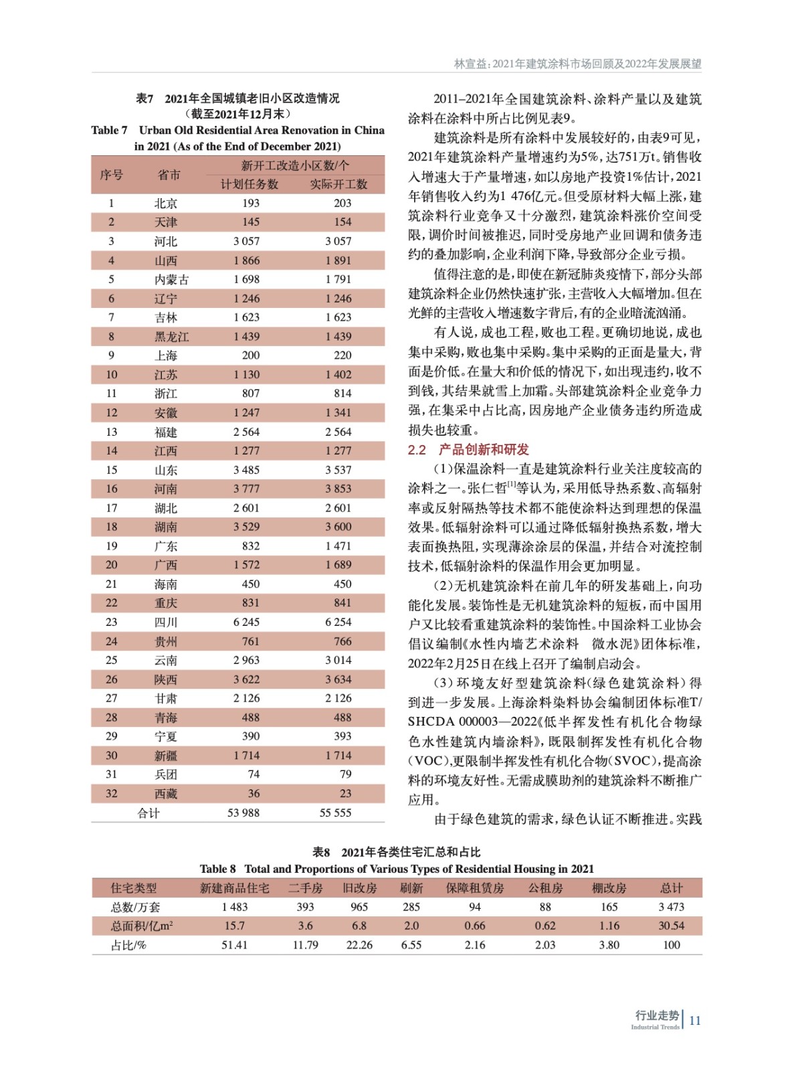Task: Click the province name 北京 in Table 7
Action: [x=165, y=203]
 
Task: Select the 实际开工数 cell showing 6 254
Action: [x=338, y=623]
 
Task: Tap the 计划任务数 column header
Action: [x=250, y=184]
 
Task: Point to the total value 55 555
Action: [x=336, y=813]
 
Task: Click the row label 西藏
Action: [x=165, y=794]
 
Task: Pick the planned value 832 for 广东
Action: [x=251, y=546]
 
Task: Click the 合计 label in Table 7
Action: [x=148, y=813]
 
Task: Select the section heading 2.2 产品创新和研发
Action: [x=468, y=450]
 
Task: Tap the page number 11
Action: [x=695, y=1020]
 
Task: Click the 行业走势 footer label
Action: [x=657, y=1015]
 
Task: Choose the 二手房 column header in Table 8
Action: [x=305, y=888]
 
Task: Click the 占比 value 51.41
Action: [x=234, y=945]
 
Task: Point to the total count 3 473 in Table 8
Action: [x=671, y=907]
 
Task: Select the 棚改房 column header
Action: [x=609, y=888]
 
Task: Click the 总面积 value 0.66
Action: [x=474, y=926]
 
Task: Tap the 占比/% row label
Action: [x=128, y=945]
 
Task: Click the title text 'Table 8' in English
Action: [x=217, y=869]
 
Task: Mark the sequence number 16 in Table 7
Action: [x=112, y=489]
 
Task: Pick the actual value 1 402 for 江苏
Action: [x=338, y=375]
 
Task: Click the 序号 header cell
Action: [x=112, y=175]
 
